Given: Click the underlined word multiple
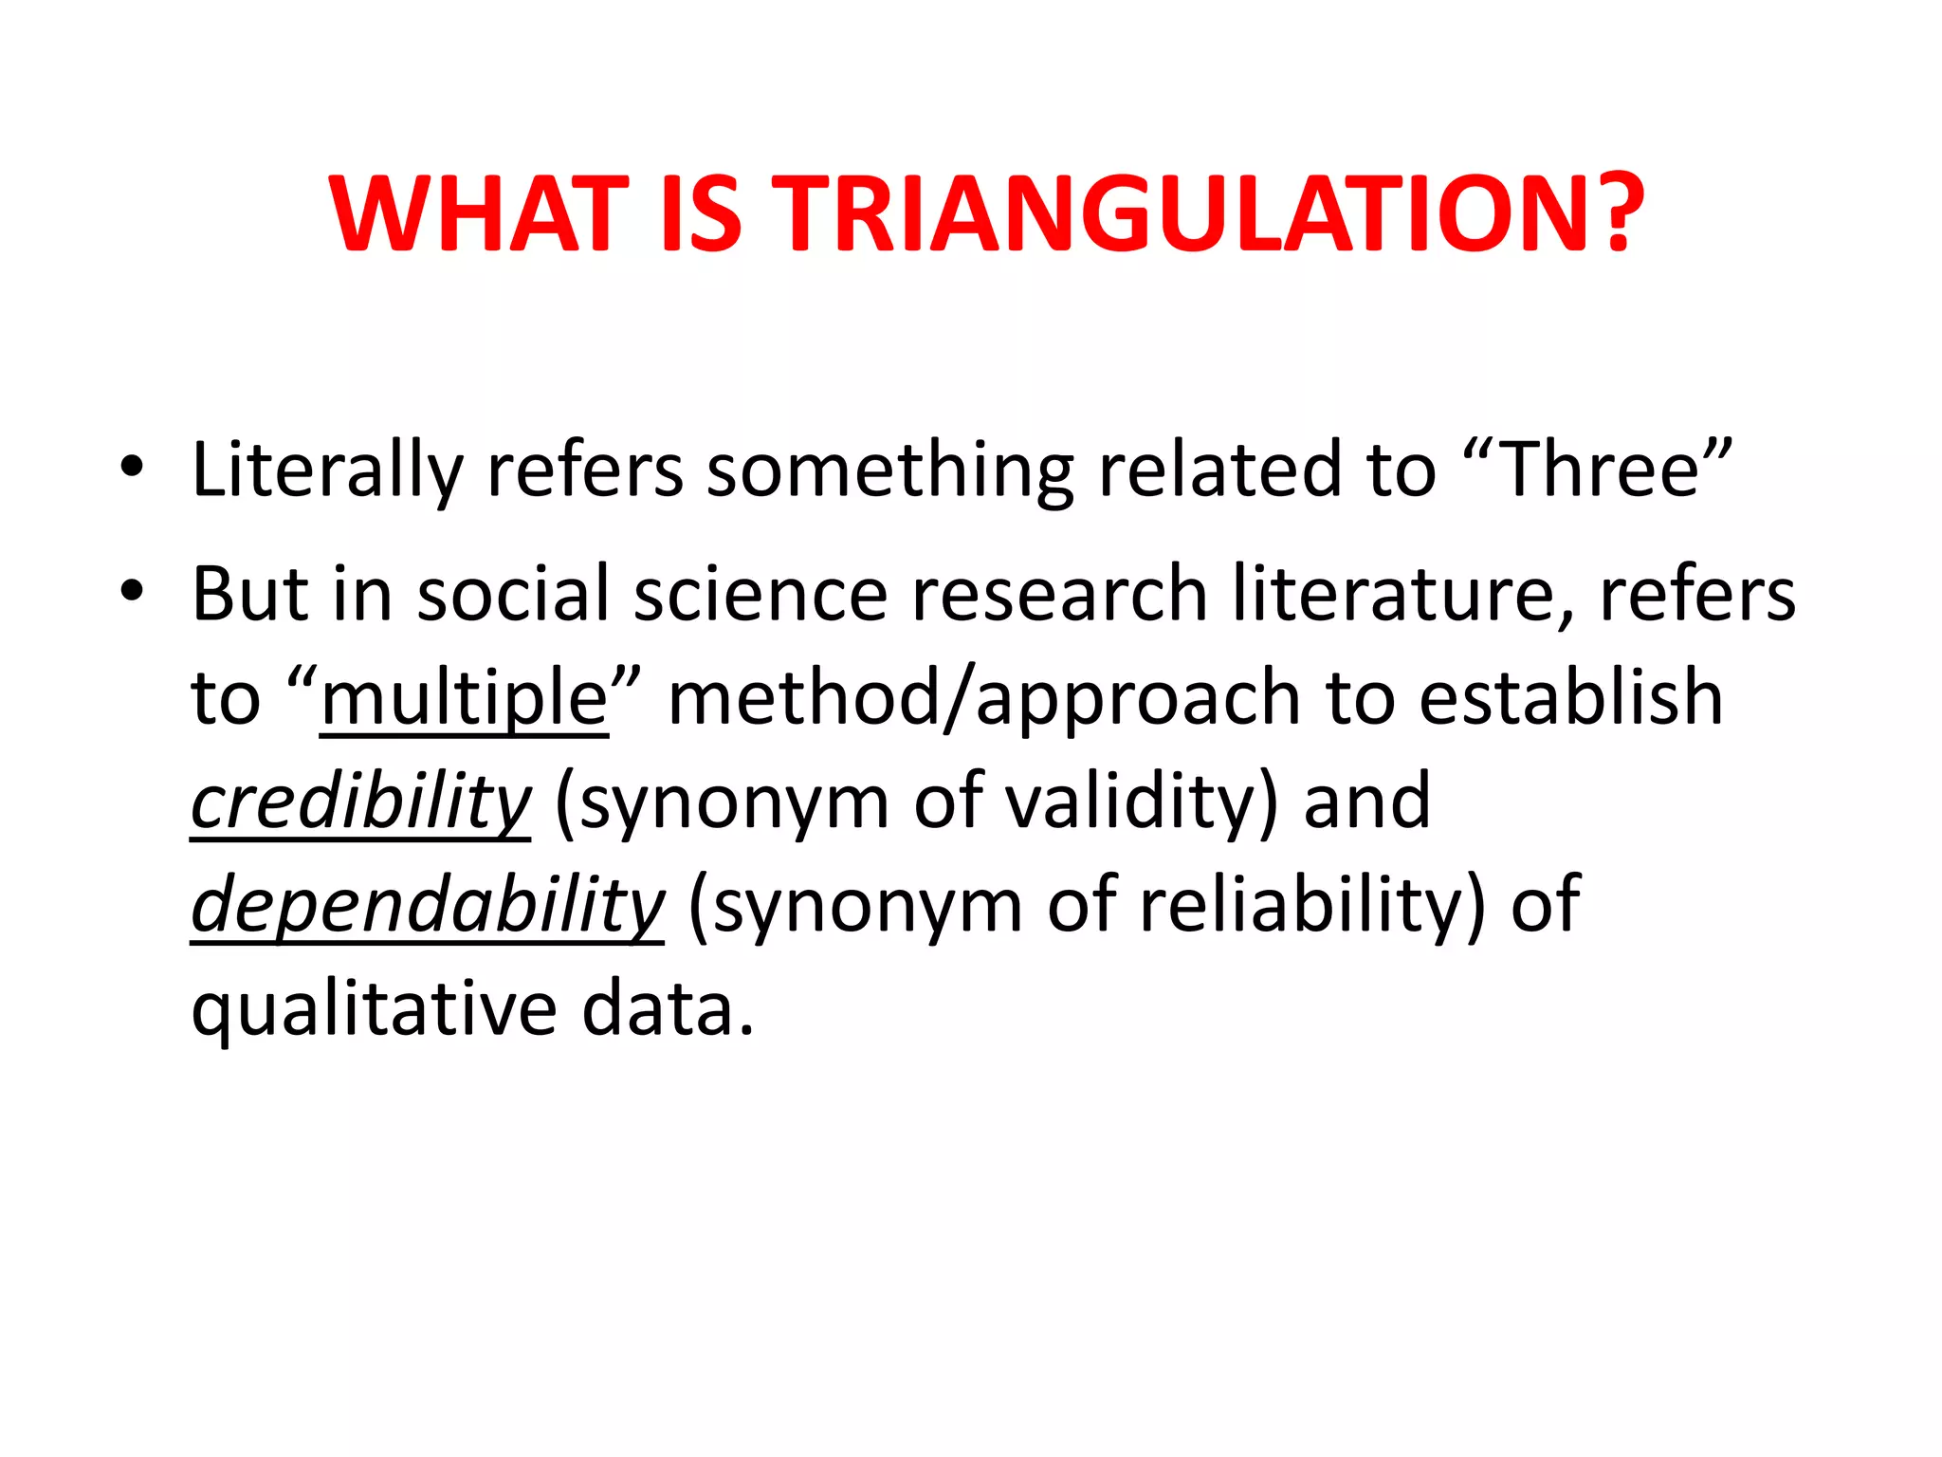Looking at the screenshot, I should [x=464, y=698].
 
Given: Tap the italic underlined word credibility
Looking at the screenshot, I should [x=360, y=802].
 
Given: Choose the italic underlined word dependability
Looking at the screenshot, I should [x=427, y=906].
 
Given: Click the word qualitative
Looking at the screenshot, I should [x=374, y=1009].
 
